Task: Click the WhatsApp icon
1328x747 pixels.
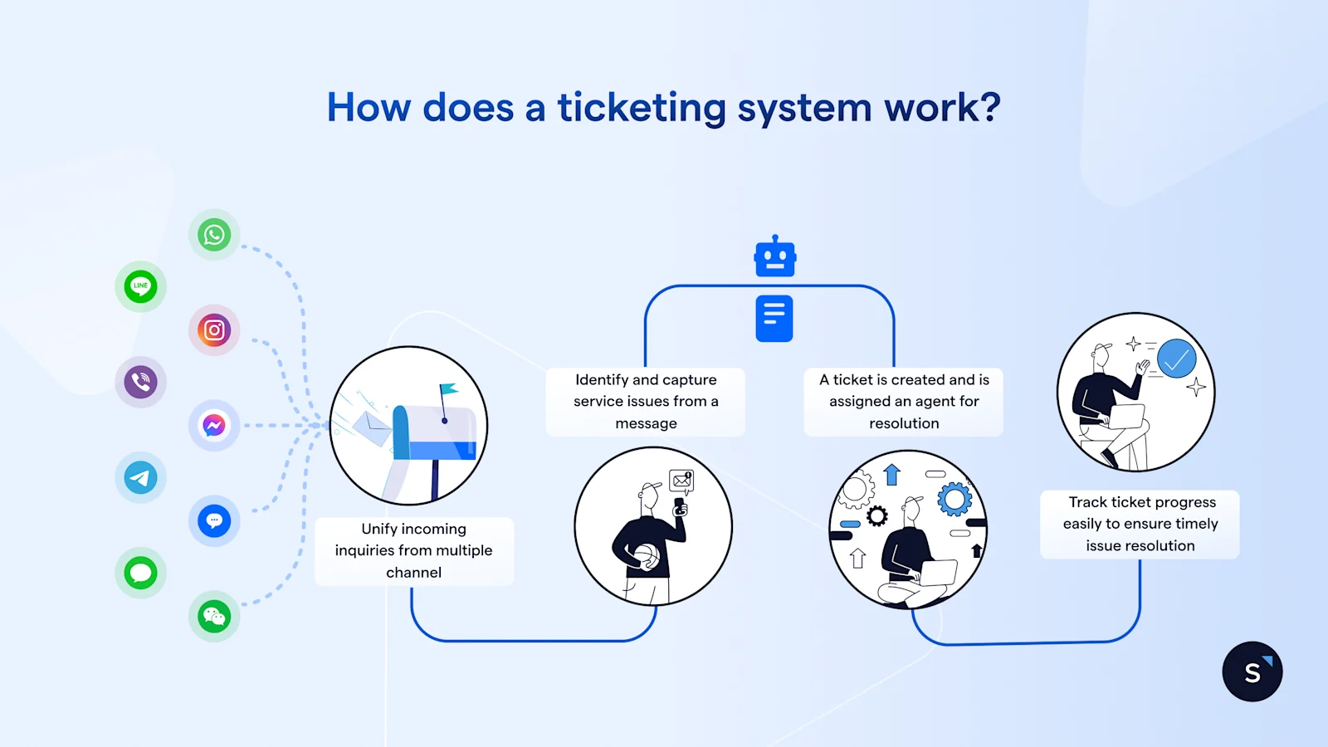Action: pos(214,235)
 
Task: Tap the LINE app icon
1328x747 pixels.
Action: pos(140,286)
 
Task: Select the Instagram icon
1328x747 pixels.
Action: pos(214,330)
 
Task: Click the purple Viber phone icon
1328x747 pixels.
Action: pos(140,382)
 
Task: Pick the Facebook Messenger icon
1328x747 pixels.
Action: pos(214,426)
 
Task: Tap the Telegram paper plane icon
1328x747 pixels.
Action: pos(140,477)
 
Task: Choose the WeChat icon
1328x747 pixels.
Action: pos(214,617)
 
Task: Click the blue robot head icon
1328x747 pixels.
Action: pos(774,257)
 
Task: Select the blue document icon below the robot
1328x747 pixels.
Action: pos(774,318)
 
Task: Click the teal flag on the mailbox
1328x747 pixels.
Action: pos(448,388)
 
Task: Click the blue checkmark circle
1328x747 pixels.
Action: pos(1176,359)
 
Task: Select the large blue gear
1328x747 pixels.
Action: pos(954,499)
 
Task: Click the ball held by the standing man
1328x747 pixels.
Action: pos(646,557)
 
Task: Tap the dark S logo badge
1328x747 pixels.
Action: pos(1252,671)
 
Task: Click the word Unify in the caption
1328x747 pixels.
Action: pos(379,529)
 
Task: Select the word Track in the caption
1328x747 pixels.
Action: pos(1087,502)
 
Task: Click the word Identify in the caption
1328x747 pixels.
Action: pos(602,379)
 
